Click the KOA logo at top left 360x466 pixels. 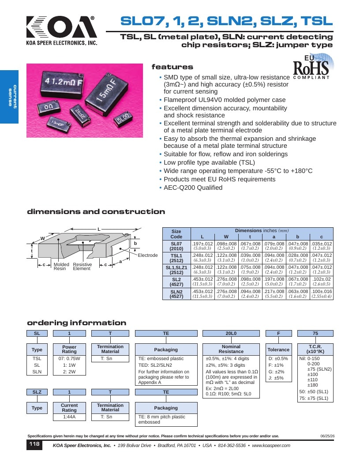[61, 30]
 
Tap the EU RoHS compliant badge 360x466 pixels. [312, 67]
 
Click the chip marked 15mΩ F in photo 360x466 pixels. [108, 93]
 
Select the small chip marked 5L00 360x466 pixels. [123, 118]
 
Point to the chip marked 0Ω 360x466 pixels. [49, 108]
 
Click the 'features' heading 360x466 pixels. [172, 67]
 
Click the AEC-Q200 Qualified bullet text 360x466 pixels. [193, 188]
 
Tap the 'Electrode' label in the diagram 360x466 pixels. [148, 256]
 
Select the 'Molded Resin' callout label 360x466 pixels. [61, 266]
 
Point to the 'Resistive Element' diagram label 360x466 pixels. [82, 266]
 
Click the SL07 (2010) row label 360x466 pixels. [176, 246]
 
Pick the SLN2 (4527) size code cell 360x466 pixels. [176, 294]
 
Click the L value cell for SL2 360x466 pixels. [202, 282]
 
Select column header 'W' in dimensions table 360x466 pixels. [226, 237]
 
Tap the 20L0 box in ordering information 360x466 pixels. [231, 334]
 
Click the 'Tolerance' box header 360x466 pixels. [278, 349]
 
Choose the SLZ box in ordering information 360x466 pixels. [37, 392]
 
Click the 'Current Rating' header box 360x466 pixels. [69, 408]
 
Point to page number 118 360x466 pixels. [34, 444]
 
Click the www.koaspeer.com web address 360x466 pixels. [271, 446]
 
